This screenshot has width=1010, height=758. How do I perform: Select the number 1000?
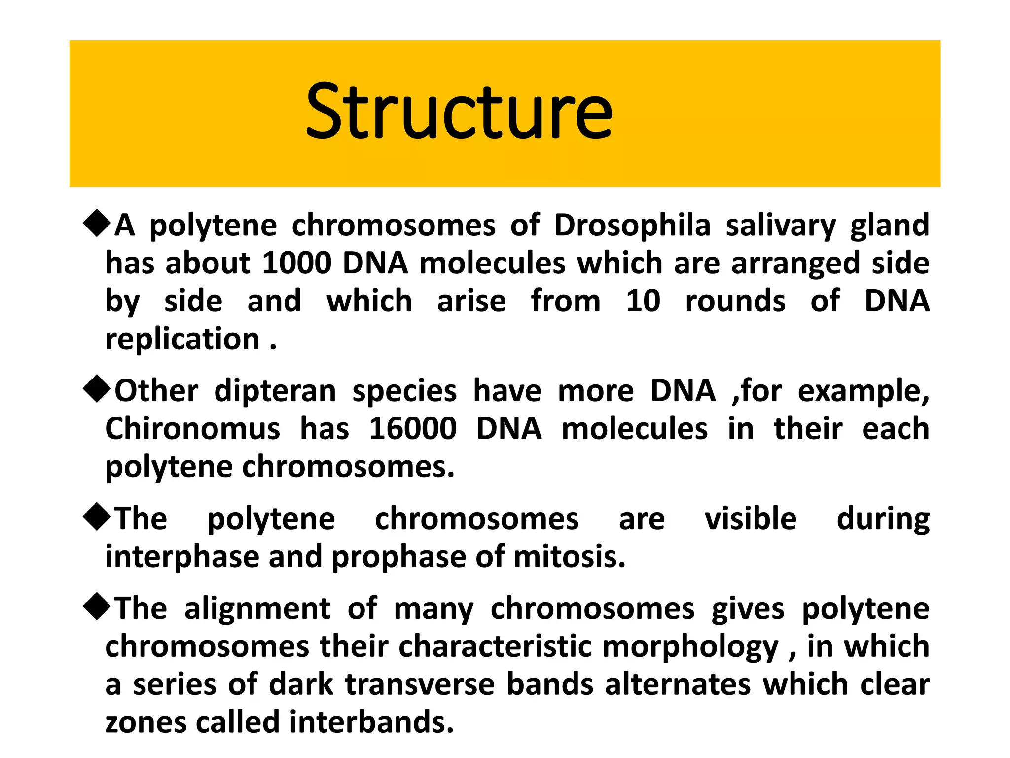click(296, 263)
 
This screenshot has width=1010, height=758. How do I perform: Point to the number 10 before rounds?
click(643, 301)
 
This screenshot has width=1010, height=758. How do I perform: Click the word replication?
click(182, 340)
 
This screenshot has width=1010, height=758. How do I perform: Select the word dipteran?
click(275, 392)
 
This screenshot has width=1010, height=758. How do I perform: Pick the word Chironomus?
click(193, 428)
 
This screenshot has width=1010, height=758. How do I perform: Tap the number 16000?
click(412, 428)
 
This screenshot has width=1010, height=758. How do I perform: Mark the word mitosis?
click(569, 557)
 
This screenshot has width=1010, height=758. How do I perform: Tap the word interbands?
click(371, 722)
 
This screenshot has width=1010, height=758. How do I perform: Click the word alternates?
click(678, 685)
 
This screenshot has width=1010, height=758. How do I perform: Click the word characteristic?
click(495, 646)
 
